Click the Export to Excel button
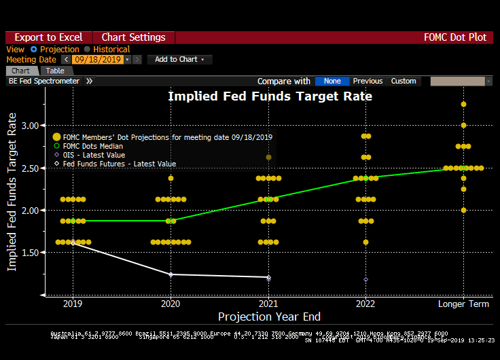click(48, 37)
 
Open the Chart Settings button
click(133, 37)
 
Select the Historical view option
click(111, 49)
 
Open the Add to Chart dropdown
click(179, 60)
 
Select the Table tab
click(55, 71)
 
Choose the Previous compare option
click(368, 81)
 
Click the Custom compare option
click(404, 81)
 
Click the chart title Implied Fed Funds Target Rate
click(270, 96)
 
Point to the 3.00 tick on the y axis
click(30, 126)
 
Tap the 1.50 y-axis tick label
click(30, 253)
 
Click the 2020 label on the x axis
click(171, 304)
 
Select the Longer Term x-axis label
click(463, 304)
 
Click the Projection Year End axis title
click(269, 317)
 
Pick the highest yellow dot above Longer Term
click(463, 104)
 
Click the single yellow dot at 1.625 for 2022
click(365, 242)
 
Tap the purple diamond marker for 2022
click(365, 279)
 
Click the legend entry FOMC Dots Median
click(92, 146)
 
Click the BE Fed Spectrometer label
click(43, 81)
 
